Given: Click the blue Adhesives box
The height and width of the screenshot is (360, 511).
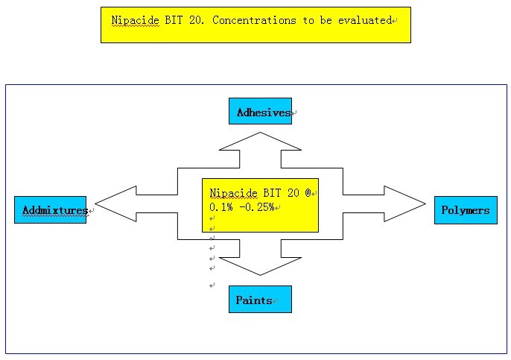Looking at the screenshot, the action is pyautogui.click(x=260, y=111).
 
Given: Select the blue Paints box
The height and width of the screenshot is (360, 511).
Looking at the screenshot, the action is pyautogui.click(x=260, y=299).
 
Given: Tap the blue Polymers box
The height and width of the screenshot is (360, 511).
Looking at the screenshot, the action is pyautogui.click(x=466, y=210).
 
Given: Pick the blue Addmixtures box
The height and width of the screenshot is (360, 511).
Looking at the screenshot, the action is pyautogui.click(x=50, y=209).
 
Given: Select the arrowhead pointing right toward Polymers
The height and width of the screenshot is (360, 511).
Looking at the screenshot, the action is pyautogui.click(x=404, y=203).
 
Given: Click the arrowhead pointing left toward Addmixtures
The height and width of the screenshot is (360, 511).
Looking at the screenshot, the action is pyautogui.click(x=115, y=203).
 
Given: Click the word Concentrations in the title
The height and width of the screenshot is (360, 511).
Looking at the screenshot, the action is pyautogui.click(x=254, y=20).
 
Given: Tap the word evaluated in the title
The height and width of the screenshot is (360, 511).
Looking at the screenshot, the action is pyautogui.click(x=365, y=20).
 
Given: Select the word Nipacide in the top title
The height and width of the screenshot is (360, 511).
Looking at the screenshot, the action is pyautogui.click(x=136, y=21).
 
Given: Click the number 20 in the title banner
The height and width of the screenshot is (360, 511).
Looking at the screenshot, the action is pyautogui.click(x=197, y=20).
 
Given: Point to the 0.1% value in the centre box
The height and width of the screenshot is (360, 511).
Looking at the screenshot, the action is pyautogui.click(x=221, y=206).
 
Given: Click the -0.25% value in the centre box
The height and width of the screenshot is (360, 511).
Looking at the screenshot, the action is pyautogui.click(x=257, y=206).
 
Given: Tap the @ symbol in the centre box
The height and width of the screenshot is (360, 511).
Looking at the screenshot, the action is pyautogui.click(x=308, y=193).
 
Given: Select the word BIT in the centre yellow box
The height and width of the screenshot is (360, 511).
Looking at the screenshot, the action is pyautogui.click(x=272, y=193).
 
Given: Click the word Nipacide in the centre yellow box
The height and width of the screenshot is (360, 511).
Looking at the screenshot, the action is pyautogui.click(x=233, y=193).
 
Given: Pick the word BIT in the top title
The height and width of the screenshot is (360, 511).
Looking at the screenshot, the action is pyautogui.click(x=174, y=20).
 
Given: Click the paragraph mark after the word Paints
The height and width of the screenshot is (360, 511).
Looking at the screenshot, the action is pyautogui.click(x=276, y=301).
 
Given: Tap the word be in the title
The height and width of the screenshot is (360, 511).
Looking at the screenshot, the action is pyautogui.click(x=326, y=20).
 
